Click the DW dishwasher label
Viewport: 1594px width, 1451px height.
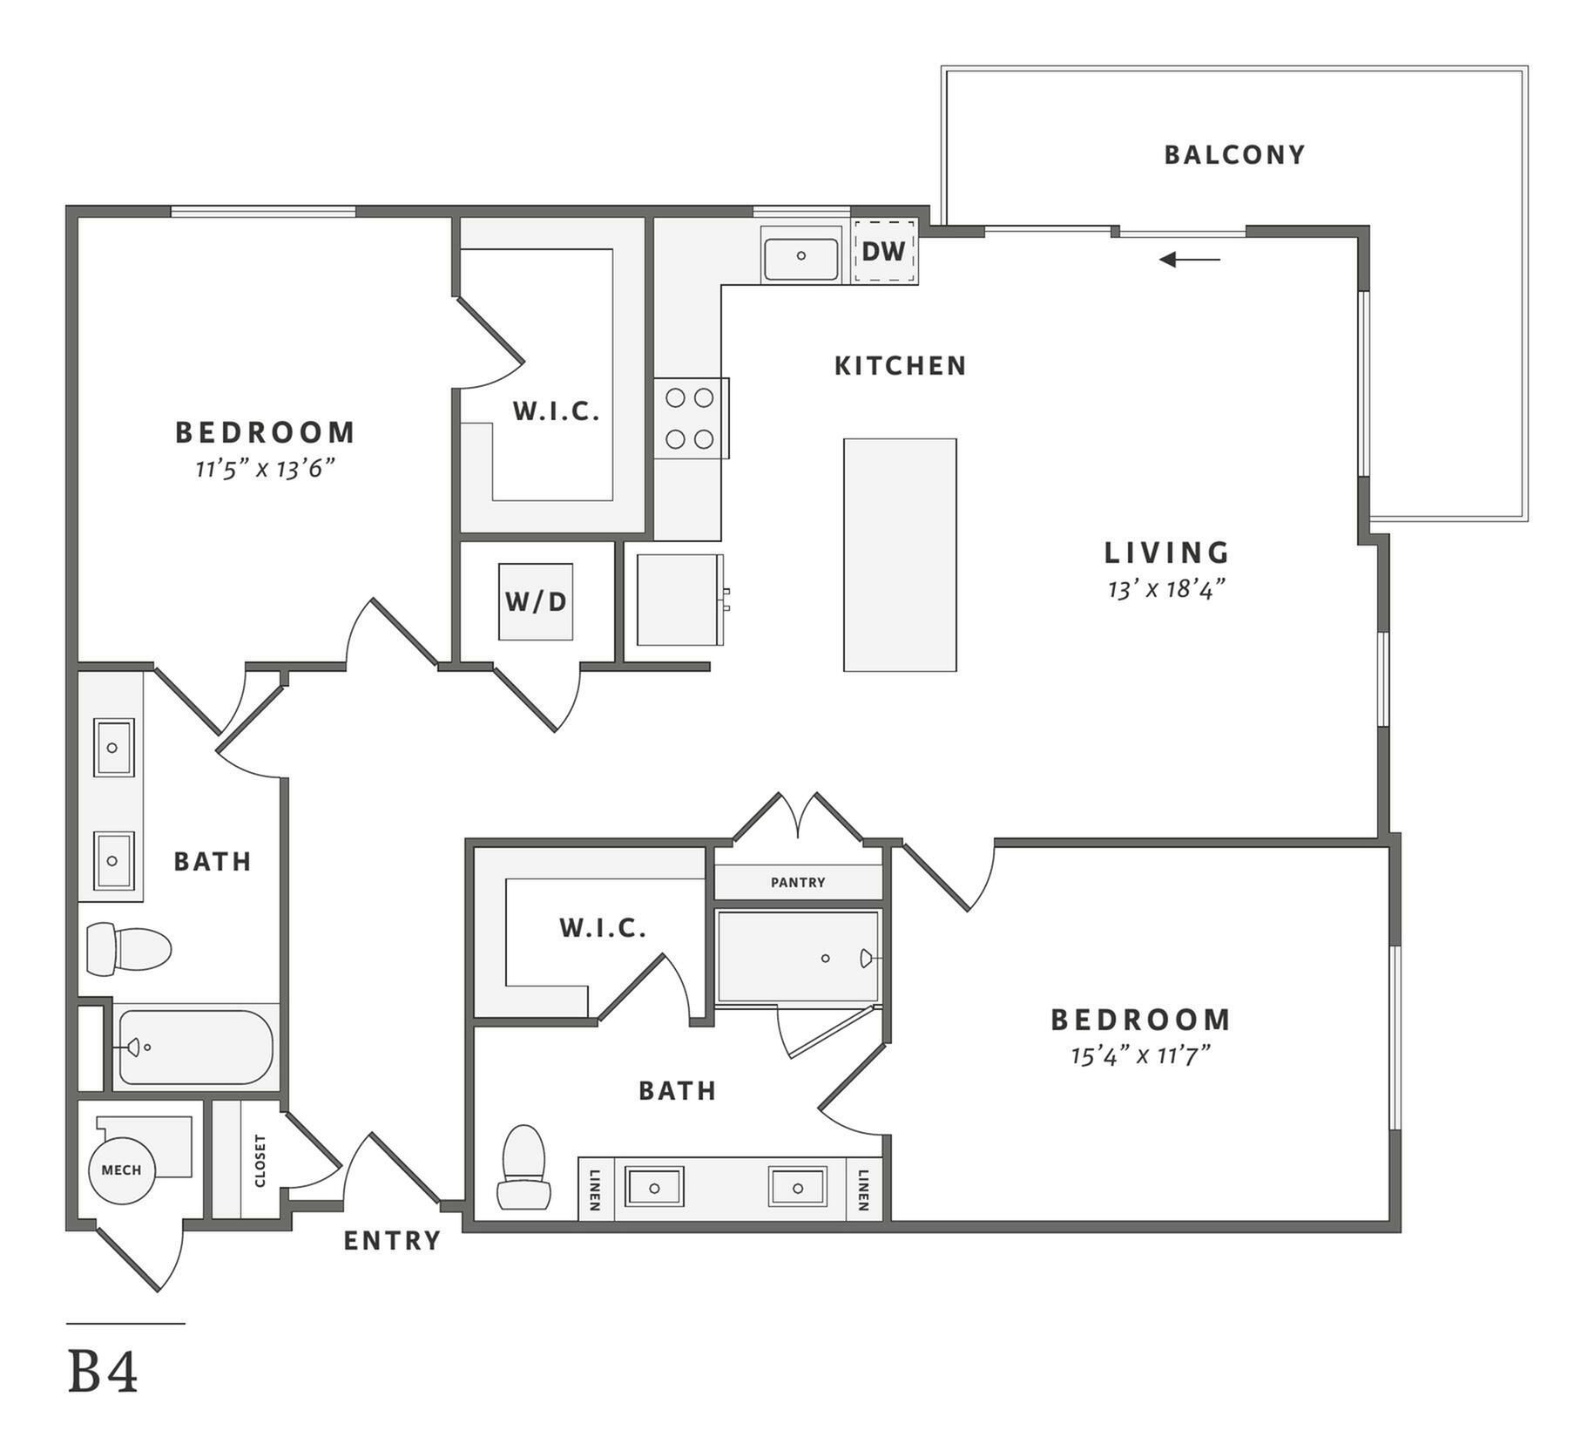coord(883,251)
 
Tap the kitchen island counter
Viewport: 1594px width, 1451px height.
coord(900,554)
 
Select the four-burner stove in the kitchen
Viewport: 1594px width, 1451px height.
coord(691,418)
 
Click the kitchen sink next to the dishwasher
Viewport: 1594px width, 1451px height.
coord(800,255)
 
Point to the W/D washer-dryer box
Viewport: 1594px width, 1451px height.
coord(536,601)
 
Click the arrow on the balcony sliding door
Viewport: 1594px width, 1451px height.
coord(1190,259)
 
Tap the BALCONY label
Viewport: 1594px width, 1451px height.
coord(1235,154)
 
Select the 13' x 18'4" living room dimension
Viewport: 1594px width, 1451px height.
coord(1166,590)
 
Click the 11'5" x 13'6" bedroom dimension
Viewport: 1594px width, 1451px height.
coord(265,469)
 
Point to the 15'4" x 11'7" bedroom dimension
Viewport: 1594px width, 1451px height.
coord(1141,1056)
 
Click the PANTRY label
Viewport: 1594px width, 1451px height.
coord(798,882)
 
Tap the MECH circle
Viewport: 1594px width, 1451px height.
coord(122,1170)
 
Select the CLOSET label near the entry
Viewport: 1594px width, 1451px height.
coord(260,1161)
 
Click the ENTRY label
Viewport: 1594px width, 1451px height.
coord(392,1240)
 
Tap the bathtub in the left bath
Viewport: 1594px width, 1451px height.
coord(196,1047)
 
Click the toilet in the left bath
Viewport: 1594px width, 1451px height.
coord(129,949)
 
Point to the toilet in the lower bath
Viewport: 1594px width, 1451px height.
coord(523,1167)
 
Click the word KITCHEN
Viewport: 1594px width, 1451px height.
coord(901,365)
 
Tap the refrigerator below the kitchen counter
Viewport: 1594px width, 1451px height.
coord(681,600)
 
